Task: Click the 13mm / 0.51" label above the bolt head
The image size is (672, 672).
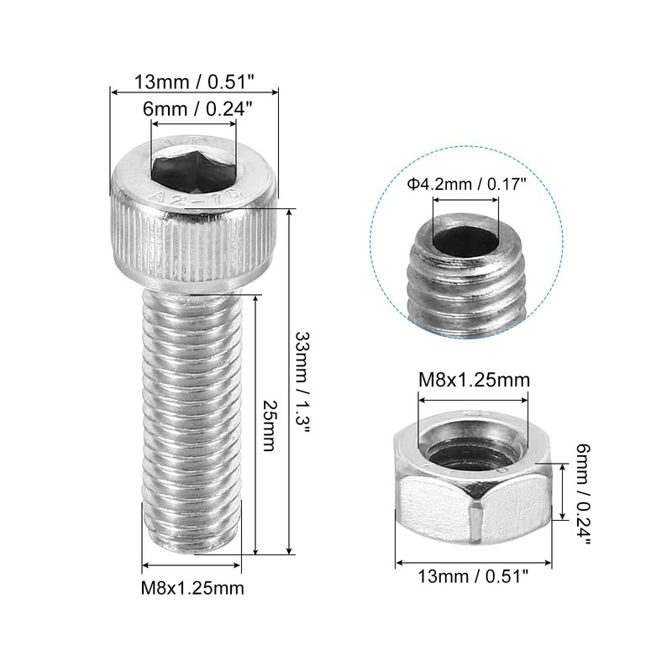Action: click(193, 82)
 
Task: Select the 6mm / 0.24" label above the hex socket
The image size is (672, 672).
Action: click(193, 109)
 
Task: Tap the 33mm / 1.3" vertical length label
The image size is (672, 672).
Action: click(304, 382)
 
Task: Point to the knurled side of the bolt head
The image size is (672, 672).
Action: click(193, 244)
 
